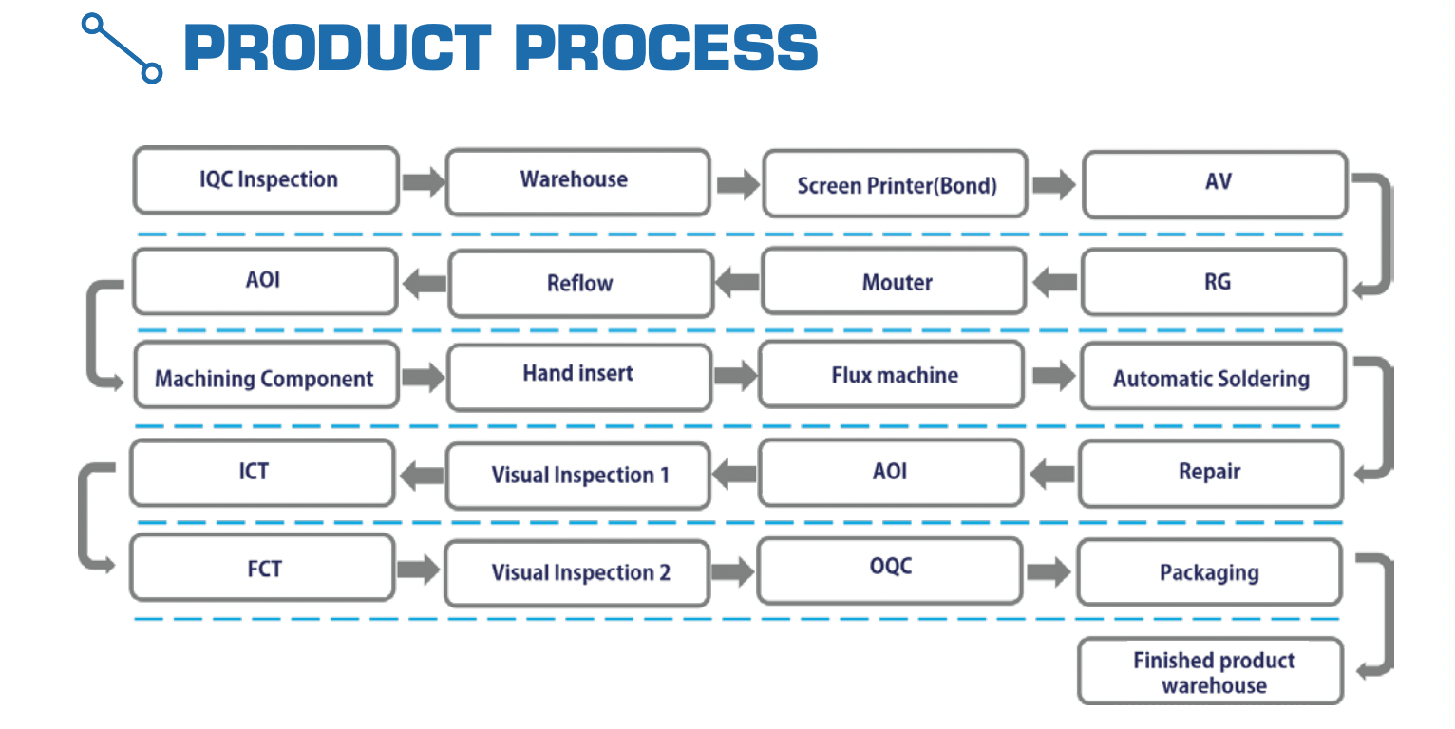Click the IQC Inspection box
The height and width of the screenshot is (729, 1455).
pyautogui.click(x=266, y=180)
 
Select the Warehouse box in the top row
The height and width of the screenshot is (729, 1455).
pyautogui.click(x=577, y=180)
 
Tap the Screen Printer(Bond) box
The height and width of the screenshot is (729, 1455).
pyautogui.click(x=895, y=184)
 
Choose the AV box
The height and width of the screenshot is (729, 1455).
pyautogui.click(x=1215, y=183)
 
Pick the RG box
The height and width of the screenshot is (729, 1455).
pyautogui.click(x=1214, y=282)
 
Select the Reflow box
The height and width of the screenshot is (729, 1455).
pyautogui.click(x=580, y=283)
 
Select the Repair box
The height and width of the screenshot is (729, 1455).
pyautogui.click(x=1211, y=473)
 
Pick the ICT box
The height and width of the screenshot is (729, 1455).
pyautogui.click(x=261, y=473)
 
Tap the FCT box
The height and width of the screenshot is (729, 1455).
pyautogui.click(x=262, y=569)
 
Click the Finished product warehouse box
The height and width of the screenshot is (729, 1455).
pyautogui.click(x=1211, y=671)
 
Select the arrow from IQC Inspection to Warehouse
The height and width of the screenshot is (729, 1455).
pyautogui.click(x=423, y=180)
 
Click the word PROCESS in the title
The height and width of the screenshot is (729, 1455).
pyautogui.click(x=665, y=47)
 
